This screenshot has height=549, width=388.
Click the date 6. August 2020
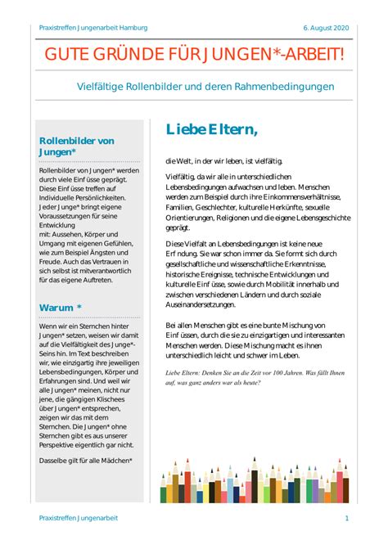point(327,28)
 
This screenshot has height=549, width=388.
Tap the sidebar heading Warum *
point(61,308)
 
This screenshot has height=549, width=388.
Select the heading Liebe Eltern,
point(211,129)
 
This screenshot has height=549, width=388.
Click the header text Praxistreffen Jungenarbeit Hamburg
point(93,28)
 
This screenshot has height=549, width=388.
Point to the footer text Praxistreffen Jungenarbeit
point(79,519)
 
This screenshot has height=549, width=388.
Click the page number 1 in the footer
point(347,519)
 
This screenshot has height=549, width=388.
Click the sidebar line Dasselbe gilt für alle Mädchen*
point(85,460)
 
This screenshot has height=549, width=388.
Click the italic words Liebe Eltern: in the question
point(187,372)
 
